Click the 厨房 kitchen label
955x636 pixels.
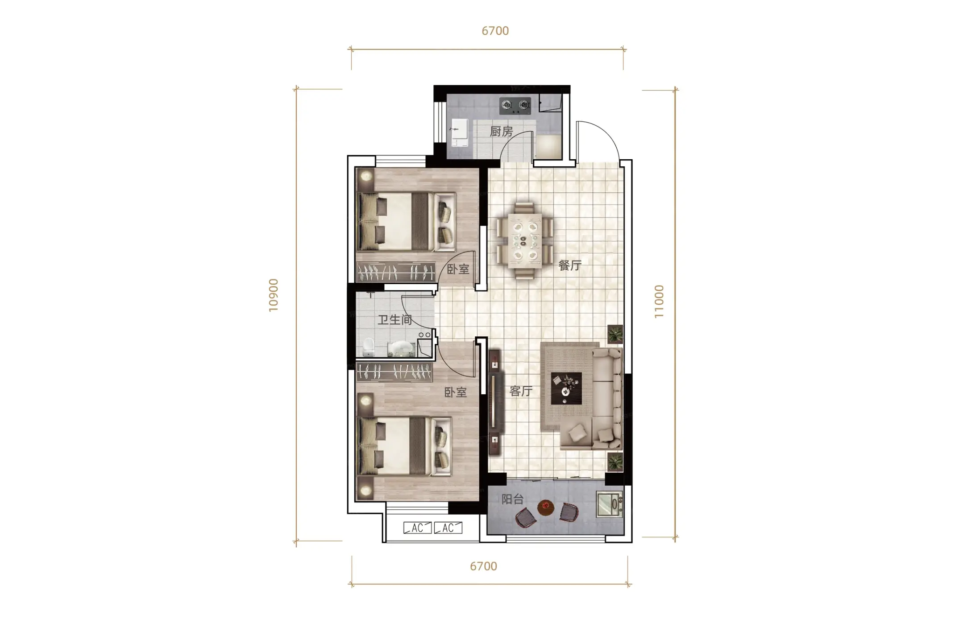(x=501, y=132)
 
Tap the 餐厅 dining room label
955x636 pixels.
(x=570, y=265)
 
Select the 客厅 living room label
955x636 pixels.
(x=521, y=391)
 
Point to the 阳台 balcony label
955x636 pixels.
(x=512, y=499)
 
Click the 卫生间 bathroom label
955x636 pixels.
(x=395, y=319)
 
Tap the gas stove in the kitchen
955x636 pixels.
(x=515, y=105)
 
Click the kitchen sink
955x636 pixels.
(x=460, y=132)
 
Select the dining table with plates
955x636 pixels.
(x=525, y=241)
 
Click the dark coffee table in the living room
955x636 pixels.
(x=566, y=388)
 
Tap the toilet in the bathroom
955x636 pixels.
(x=369, y=347)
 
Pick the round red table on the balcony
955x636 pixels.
(x=545, y=507)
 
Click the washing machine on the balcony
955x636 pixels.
(x=610, y=504)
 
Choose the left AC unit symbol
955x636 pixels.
(x=417, y=528)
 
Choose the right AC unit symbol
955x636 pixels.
(x=448, y=528)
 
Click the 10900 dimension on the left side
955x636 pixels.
(x=274, y=295)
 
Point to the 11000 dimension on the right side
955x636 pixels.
(x=659, y=301)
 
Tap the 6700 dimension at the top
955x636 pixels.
(x=495, y=31)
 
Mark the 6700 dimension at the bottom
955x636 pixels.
(x=483, y=566)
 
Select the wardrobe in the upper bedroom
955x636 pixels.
(x=396, y=272)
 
